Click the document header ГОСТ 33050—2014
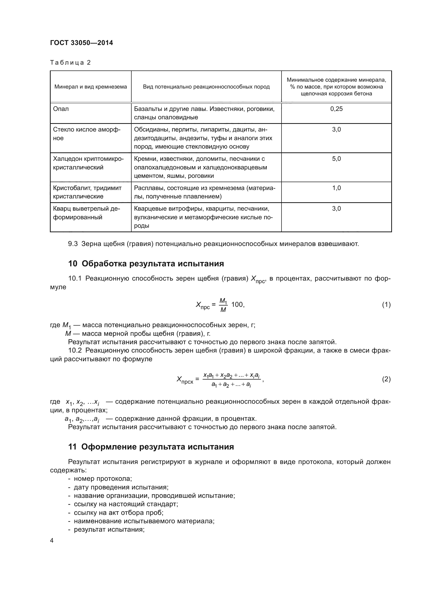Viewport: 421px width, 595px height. pos(81,43)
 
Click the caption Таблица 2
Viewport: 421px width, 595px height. pos(70,63)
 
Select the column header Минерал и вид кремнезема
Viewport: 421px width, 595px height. pos(90,87)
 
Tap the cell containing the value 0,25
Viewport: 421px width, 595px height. pos(336,109)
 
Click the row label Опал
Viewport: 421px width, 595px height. pos(61,109)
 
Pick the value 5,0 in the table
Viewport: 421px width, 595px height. pos(336,159)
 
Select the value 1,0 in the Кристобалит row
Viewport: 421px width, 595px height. pos(336,188)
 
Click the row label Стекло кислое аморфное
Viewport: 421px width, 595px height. pos(87,134)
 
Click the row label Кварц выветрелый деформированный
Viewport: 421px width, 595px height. pos(86,213)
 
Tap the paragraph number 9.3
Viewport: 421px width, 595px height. pos(73,244)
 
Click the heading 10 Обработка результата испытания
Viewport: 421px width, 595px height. pos(146,264)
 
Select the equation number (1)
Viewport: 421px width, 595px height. pos(386,304)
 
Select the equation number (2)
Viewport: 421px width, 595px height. pos(386,379)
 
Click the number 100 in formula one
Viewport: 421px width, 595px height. pos(237,304)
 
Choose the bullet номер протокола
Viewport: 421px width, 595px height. pos(103,479)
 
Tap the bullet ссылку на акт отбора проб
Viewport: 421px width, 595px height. pos(118,513)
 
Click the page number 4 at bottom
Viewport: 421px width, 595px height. pos(52,541)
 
